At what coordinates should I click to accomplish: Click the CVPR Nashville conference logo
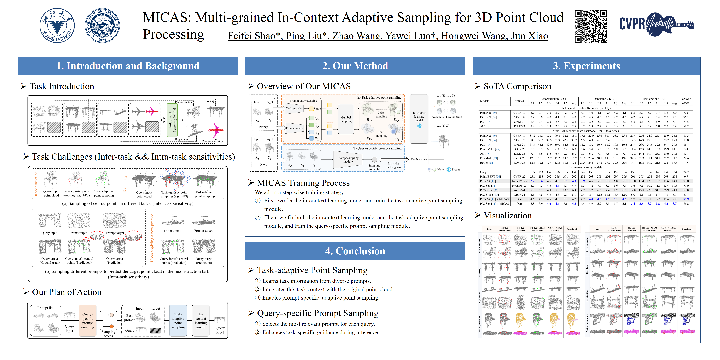coord(656,24)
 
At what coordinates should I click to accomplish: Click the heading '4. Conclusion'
coord(355,251)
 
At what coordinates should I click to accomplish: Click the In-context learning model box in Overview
coord(419,117)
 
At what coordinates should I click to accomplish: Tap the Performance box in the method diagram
coord(419,160)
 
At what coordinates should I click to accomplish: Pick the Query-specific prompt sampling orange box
coord(87,321)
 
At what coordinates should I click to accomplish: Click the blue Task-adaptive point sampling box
coord(178,321)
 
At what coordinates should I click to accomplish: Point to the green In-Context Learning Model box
coord(172,120)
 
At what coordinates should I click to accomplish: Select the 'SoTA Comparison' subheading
coord(517,86)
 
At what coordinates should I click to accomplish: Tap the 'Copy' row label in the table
coord(483,172)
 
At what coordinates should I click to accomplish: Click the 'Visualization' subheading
coord(507,215)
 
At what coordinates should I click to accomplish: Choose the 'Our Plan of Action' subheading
coord(67,292)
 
